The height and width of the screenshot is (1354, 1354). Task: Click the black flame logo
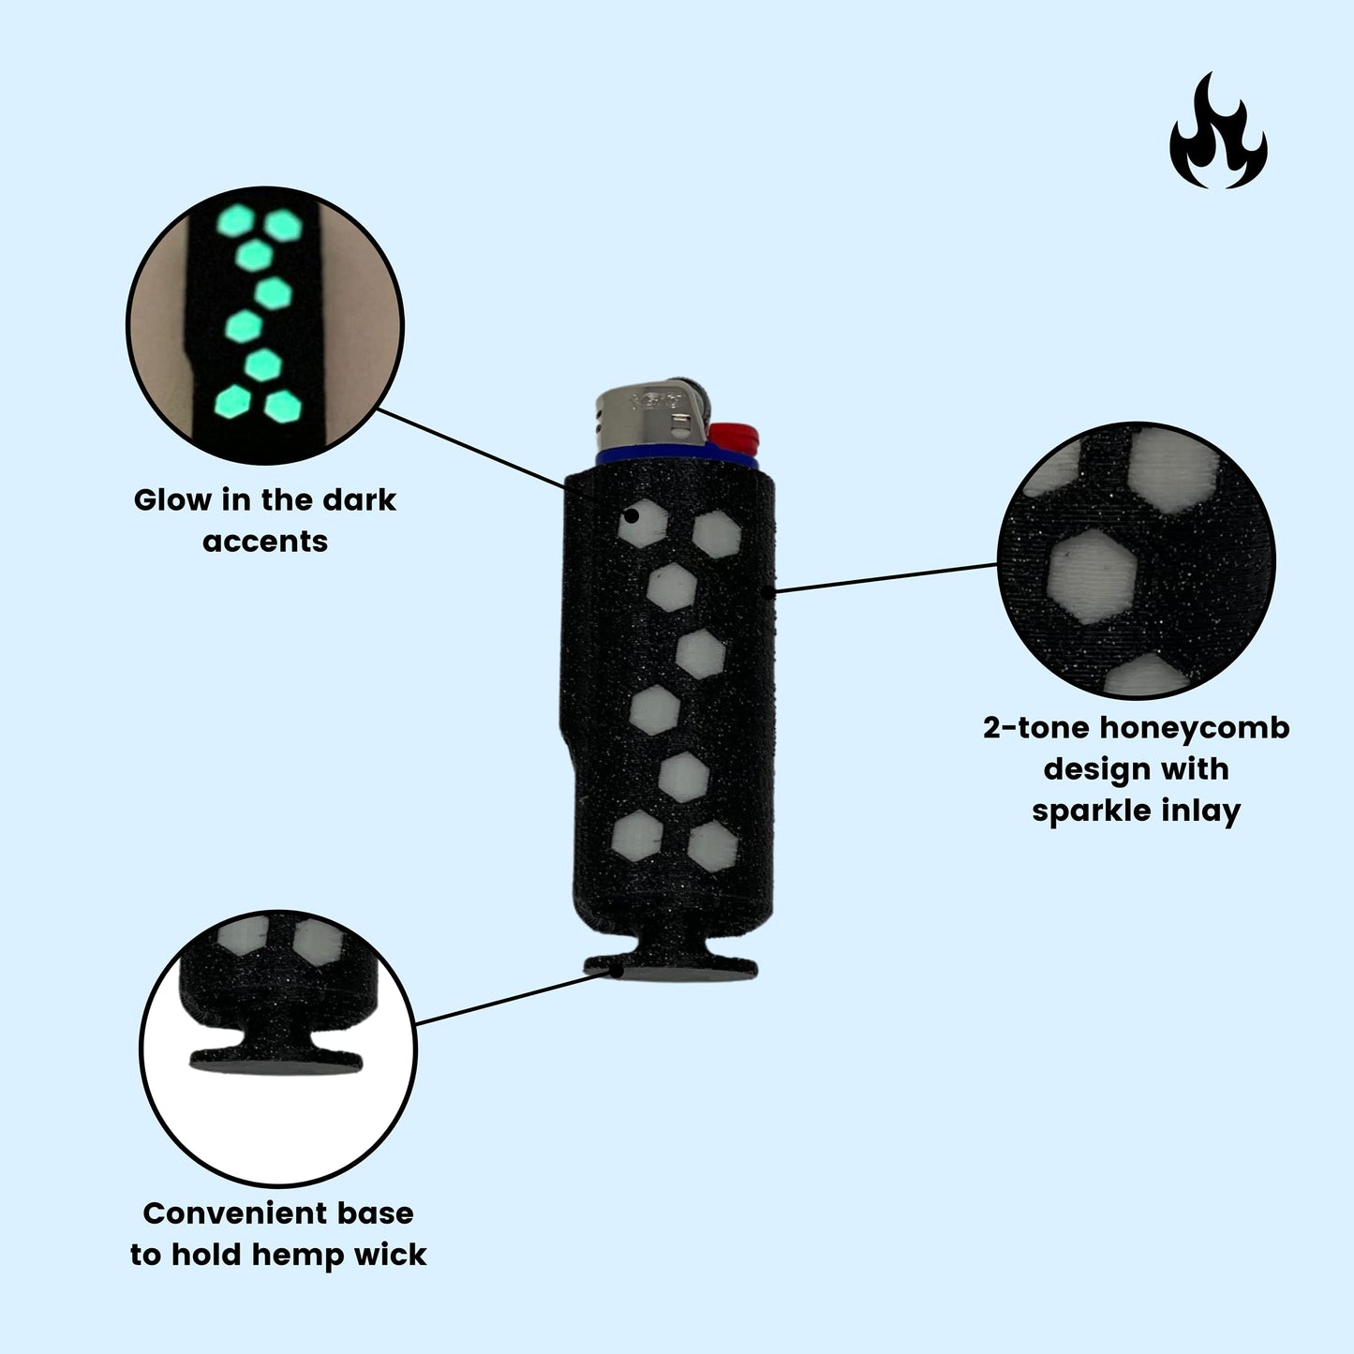[1217, 136]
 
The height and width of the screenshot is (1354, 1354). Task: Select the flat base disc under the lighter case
[671, 969]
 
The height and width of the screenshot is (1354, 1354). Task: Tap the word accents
[265, 542]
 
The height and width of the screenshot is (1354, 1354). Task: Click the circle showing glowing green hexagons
[265, 324]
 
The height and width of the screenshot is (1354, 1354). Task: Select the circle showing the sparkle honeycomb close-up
[1137, 560]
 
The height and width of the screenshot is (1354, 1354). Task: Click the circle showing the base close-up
[277, 1048]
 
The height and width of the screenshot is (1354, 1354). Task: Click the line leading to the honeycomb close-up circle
[885, 578]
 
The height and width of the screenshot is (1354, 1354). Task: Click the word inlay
[1200, 811]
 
